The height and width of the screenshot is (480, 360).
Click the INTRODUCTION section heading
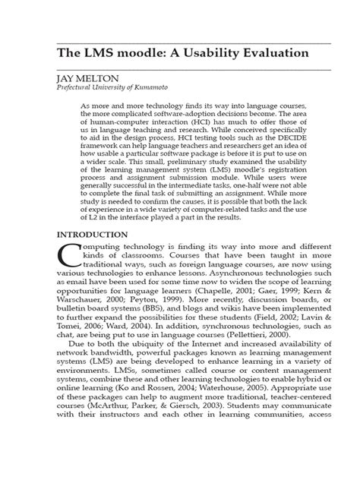click(x=87, y=235)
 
